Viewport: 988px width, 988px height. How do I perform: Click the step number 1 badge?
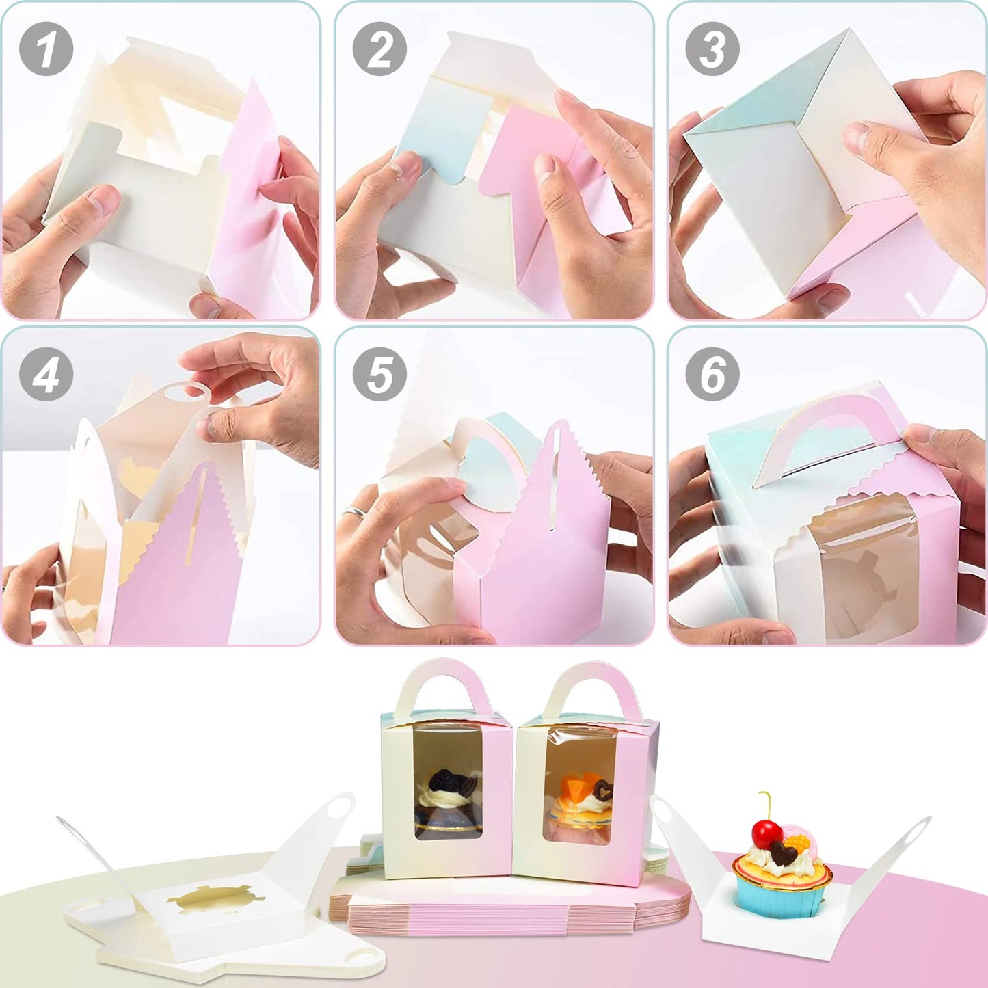click(46, 49)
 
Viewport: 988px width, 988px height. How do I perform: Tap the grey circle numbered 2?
click(379, 49)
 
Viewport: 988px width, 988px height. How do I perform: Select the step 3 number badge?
click(712, 49)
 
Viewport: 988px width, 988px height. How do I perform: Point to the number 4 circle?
click(46, 374)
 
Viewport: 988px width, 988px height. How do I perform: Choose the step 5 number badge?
click(379, 374)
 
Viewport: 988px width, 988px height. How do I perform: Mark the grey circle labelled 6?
click(712, 374)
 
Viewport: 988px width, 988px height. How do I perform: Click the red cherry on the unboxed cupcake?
click(766, 832)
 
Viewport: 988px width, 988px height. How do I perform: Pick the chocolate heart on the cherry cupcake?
click(784, 853)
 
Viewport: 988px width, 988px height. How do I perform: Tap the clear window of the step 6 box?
click(863, 568)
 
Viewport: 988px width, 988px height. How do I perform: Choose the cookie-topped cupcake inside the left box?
click(448, 800)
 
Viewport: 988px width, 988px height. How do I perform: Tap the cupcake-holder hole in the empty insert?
click(215, 898)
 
